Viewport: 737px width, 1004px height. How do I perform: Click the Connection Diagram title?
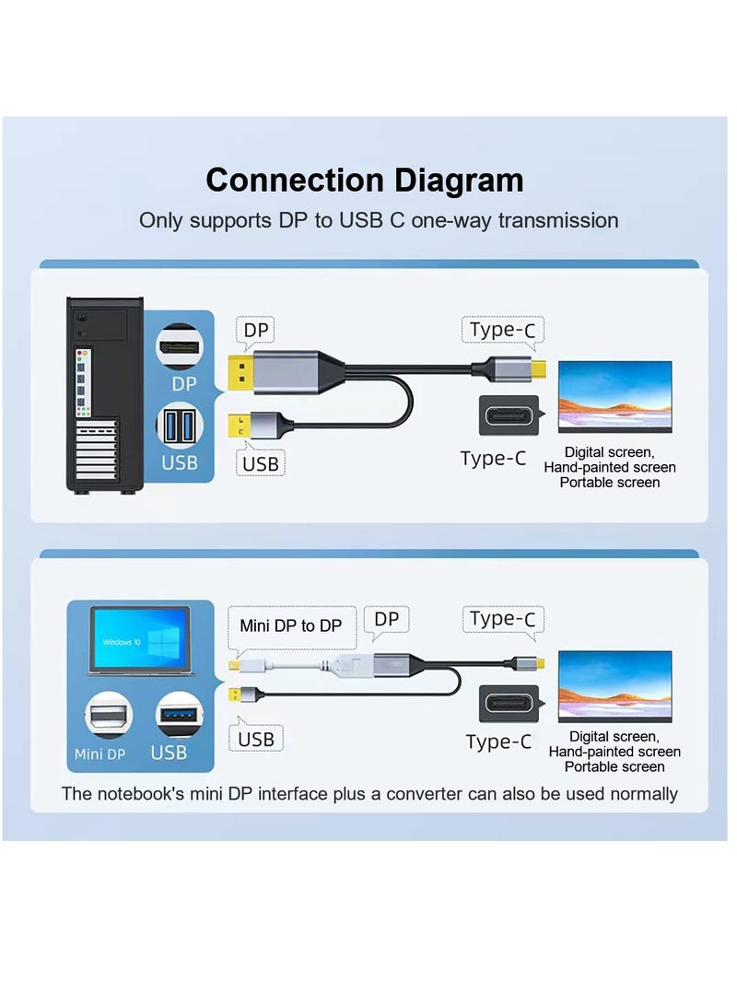(365, 180)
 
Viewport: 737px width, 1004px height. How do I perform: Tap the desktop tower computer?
(104, 393)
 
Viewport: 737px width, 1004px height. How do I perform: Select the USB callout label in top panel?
(261, 462)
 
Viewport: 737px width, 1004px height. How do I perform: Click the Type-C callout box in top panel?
(502, 330)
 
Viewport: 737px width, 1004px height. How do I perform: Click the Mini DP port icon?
(107, 718)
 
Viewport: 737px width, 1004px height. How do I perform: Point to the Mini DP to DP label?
(290, 625)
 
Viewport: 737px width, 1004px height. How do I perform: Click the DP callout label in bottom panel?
(386, 620)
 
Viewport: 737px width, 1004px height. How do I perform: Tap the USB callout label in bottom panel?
(255, 739)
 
